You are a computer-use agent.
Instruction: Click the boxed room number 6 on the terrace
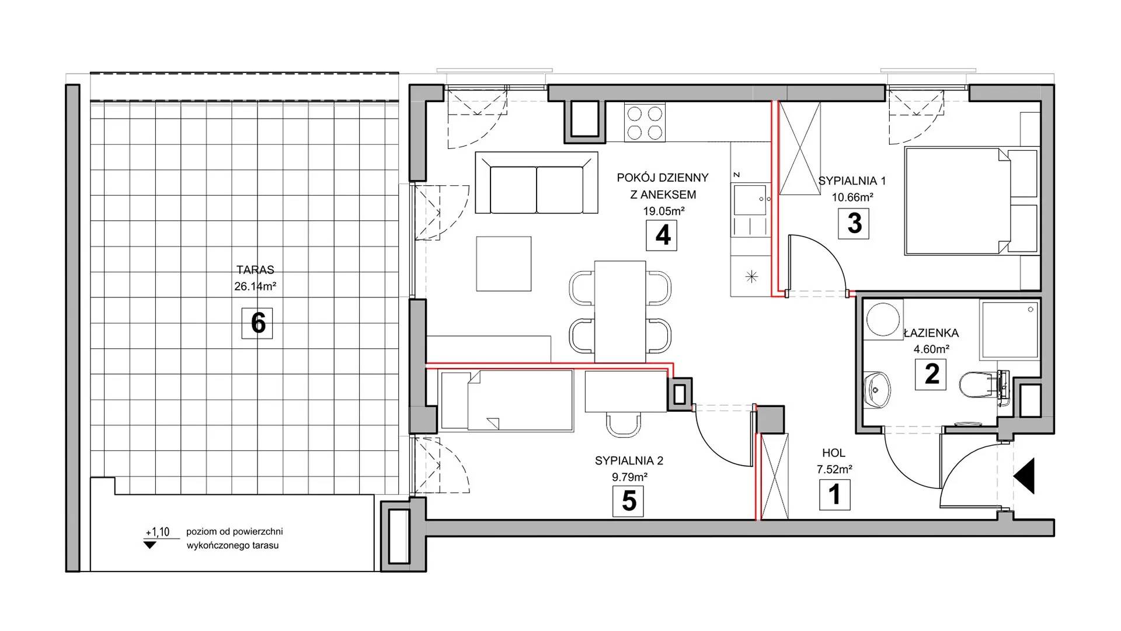pyautogui.click(x=257, y=323)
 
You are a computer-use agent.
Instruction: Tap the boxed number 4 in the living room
pyautogui.click(x=662, y=235)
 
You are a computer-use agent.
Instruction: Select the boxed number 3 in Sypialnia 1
pyautogui.click(x=854, y=223)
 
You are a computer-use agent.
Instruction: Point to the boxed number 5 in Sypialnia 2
pyautogui.click(x=628, y=501)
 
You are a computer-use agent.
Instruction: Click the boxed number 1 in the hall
pyautogui.click(x=834, y=494)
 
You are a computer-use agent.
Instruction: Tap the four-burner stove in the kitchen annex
pyautogui.click(x=645, y=122)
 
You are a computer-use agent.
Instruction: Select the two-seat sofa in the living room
pyautogui.click(x=537, y=182)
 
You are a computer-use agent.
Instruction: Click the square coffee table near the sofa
pyautogui.click(x=504, y=264)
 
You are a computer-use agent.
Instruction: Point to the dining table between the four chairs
pyautogui.click(x=620, y=311)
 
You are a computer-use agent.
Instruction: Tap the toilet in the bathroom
pyautogui.click(x=979, y=385)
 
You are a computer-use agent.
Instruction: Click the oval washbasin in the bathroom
pyautogui.click(x=877, y=389)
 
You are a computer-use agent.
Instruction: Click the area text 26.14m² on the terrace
pyautogui.click(x=255, y=287)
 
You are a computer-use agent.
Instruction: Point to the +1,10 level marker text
pyautogui.click(x=157, y=532)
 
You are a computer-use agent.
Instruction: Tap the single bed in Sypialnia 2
pyautogui.click(x=507, y=400)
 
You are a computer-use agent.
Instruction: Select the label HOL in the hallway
pyautogui.click(x=833, y=453)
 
